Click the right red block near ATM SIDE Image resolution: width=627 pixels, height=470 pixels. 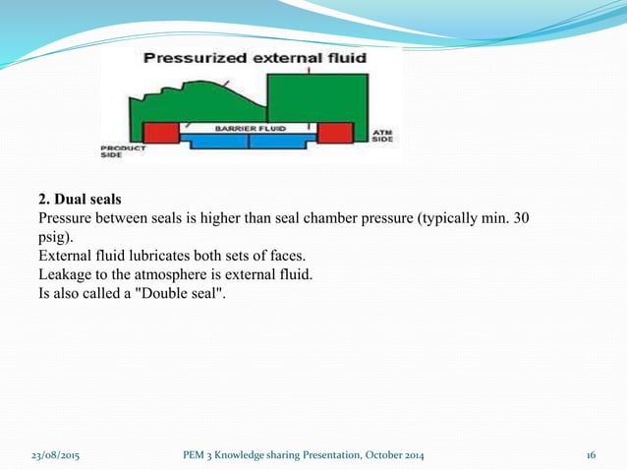pyautogui.click(x=334, y=133)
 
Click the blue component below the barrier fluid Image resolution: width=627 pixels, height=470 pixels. pyautogui.click(x=247, y=142)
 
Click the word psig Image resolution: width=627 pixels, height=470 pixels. pyautogui.click(x=52, y=236)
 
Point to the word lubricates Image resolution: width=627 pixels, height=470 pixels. pyautogui.click(x=156, y=255)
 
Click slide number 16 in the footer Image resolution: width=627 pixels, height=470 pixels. pyautogui.click(x=592, y=453)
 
